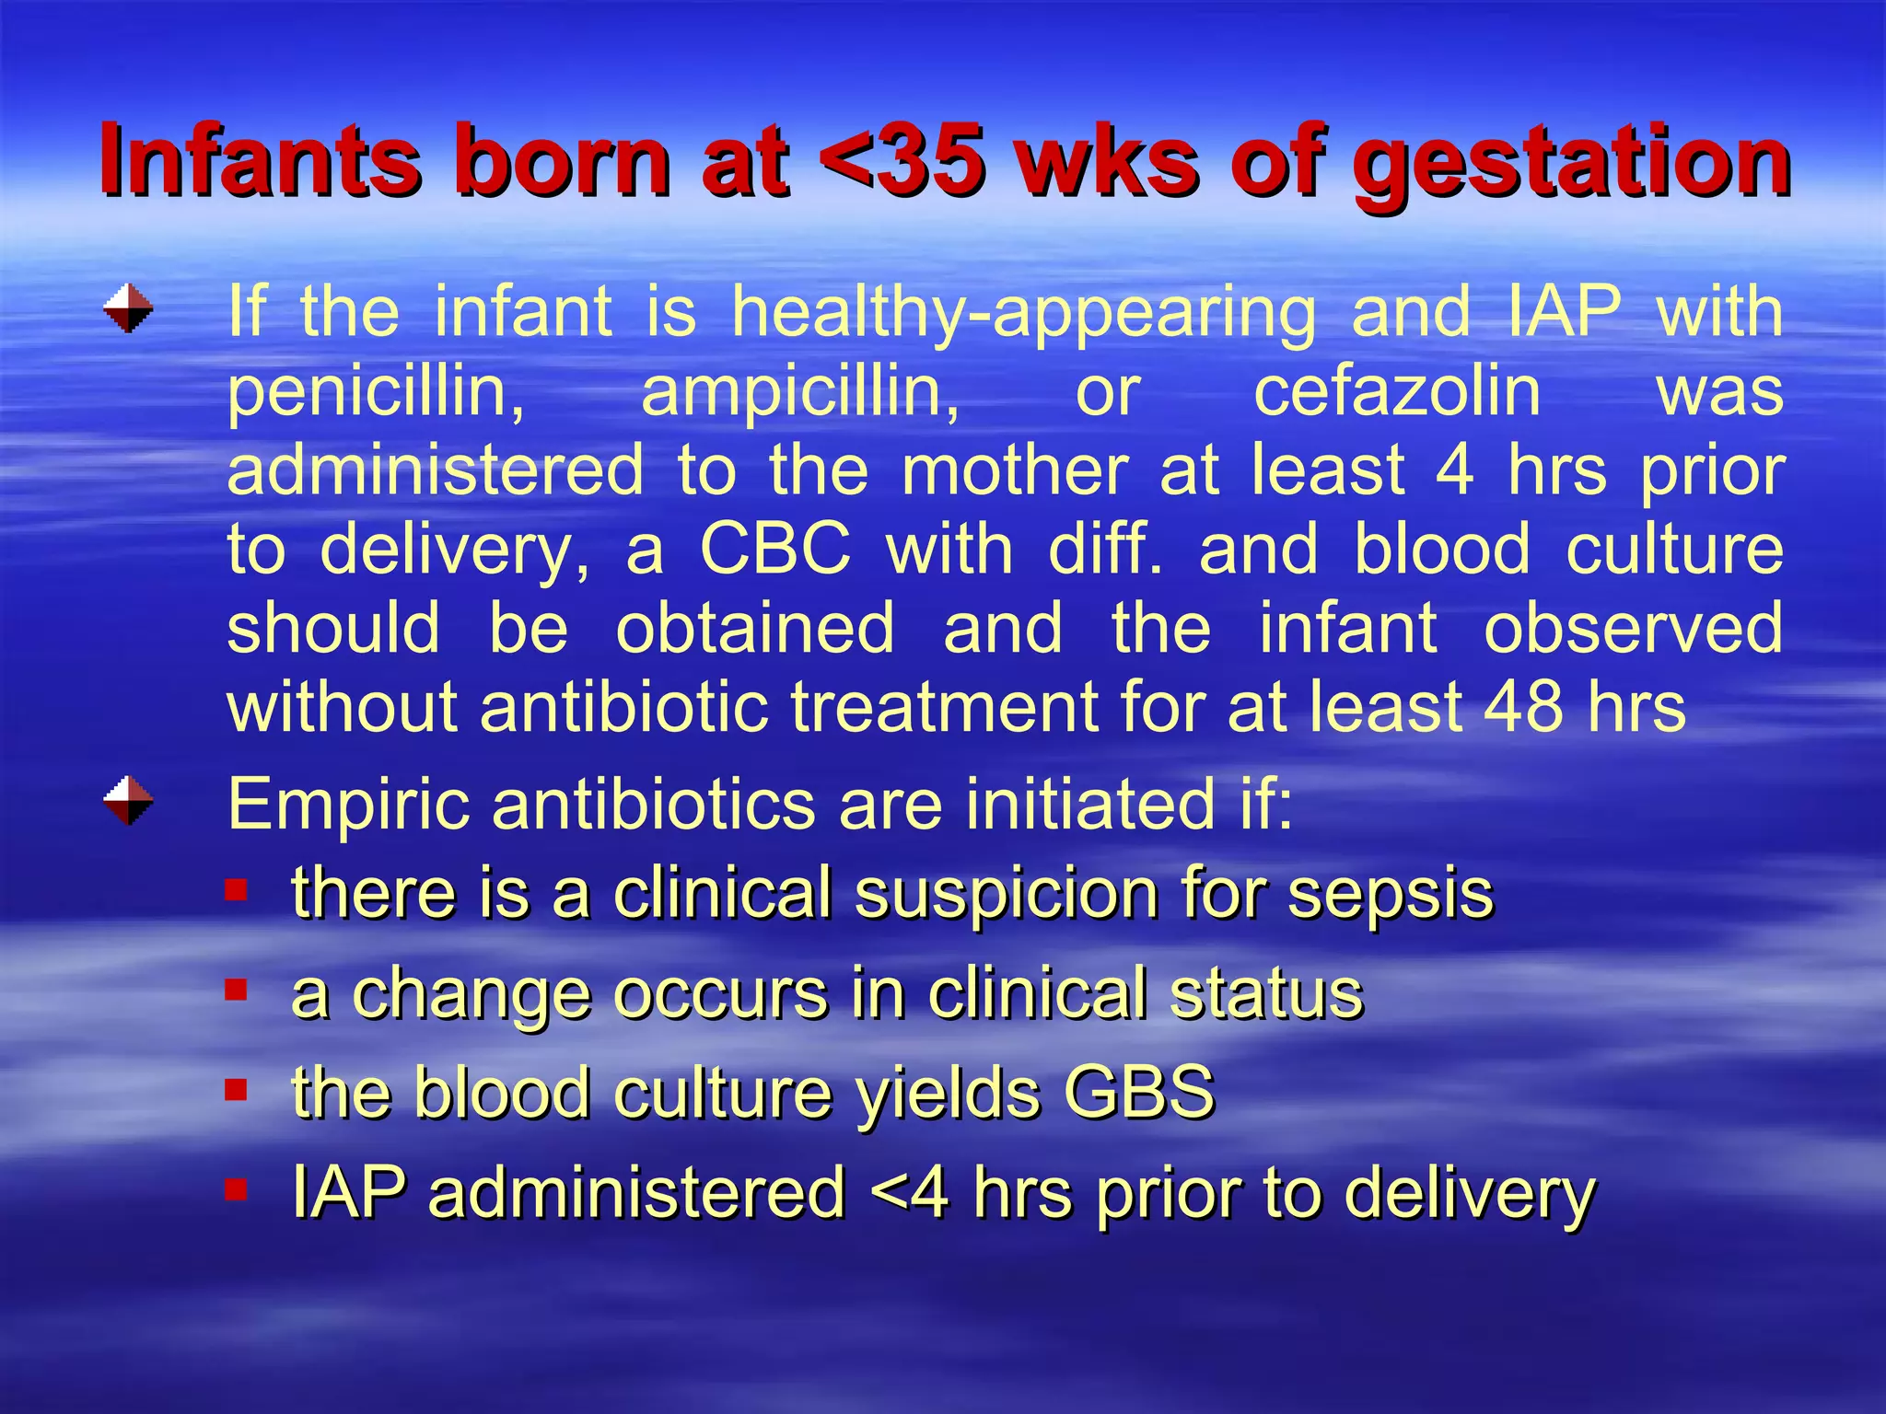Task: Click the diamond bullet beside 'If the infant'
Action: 128,308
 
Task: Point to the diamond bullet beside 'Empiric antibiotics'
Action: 128,800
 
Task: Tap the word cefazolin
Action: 1397,390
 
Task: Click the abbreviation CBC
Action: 775,550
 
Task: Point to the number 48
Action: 1523,707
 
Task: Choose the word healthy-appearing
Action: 1023,313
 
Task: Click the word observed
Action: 1633,628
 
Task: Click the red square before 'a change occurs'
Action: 237,990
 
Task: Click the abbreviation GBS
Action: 1139,1092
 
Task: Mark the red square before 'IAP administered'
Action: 237,1189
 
